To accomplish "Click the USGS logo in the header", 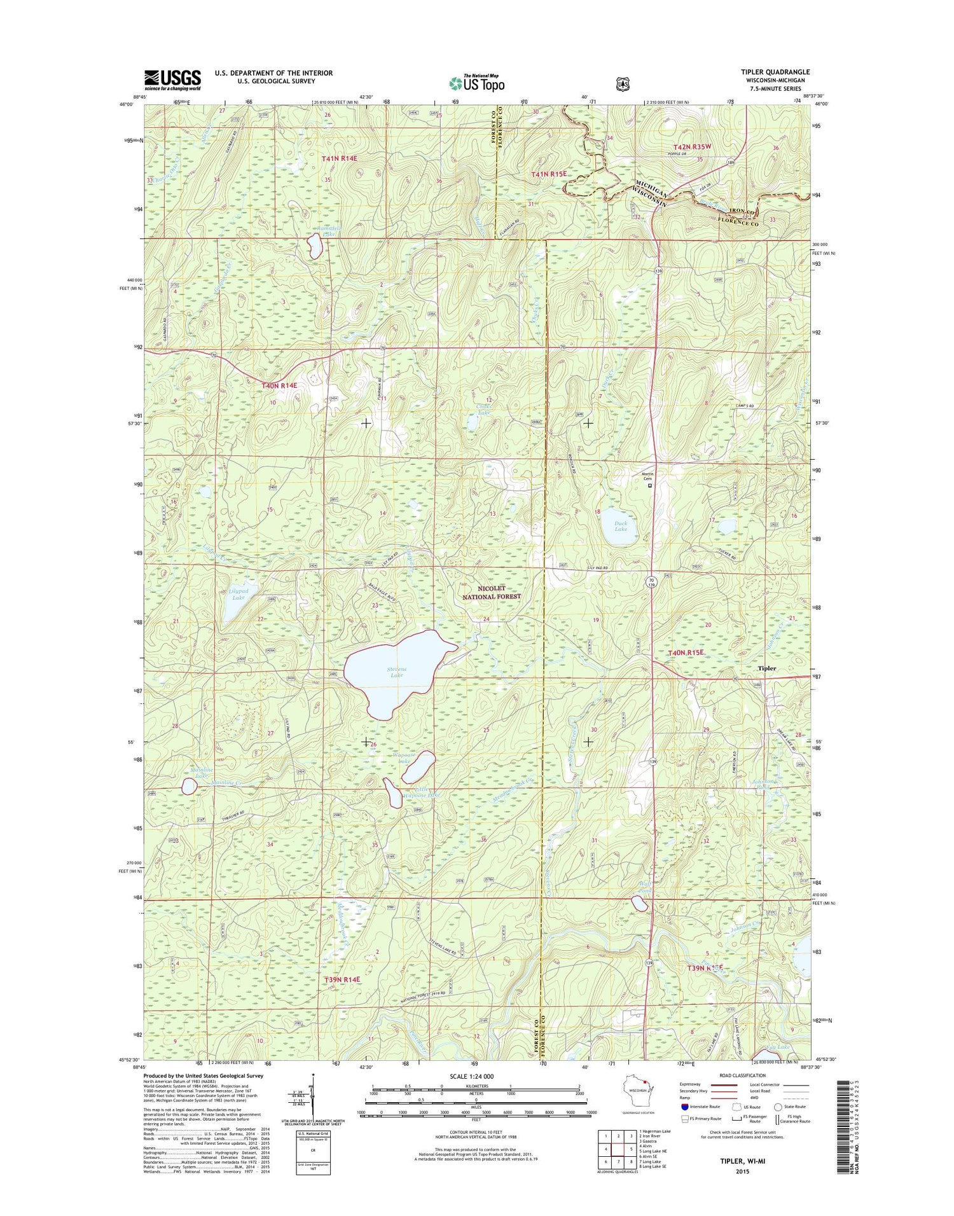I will [x=172, y=79].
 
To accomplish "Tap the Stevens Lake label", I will [x=396, y=671].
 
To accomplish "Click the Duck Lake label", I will [x=621, y=526].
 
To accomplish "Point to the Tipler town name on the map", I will [x=766, y=668].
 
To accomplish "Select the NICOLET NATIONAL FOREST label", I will [x=491, y=593].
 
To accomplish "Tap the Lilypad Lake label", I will [x=238, y=594].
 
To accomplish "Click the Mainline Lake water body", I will [x=189, y=787].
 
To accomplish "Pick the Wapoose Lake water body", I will [x=419, y=767].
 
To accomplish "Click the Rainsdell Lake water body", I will [x=315, y=246].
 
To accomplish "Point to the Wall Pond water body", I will [x=639, y=904].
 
